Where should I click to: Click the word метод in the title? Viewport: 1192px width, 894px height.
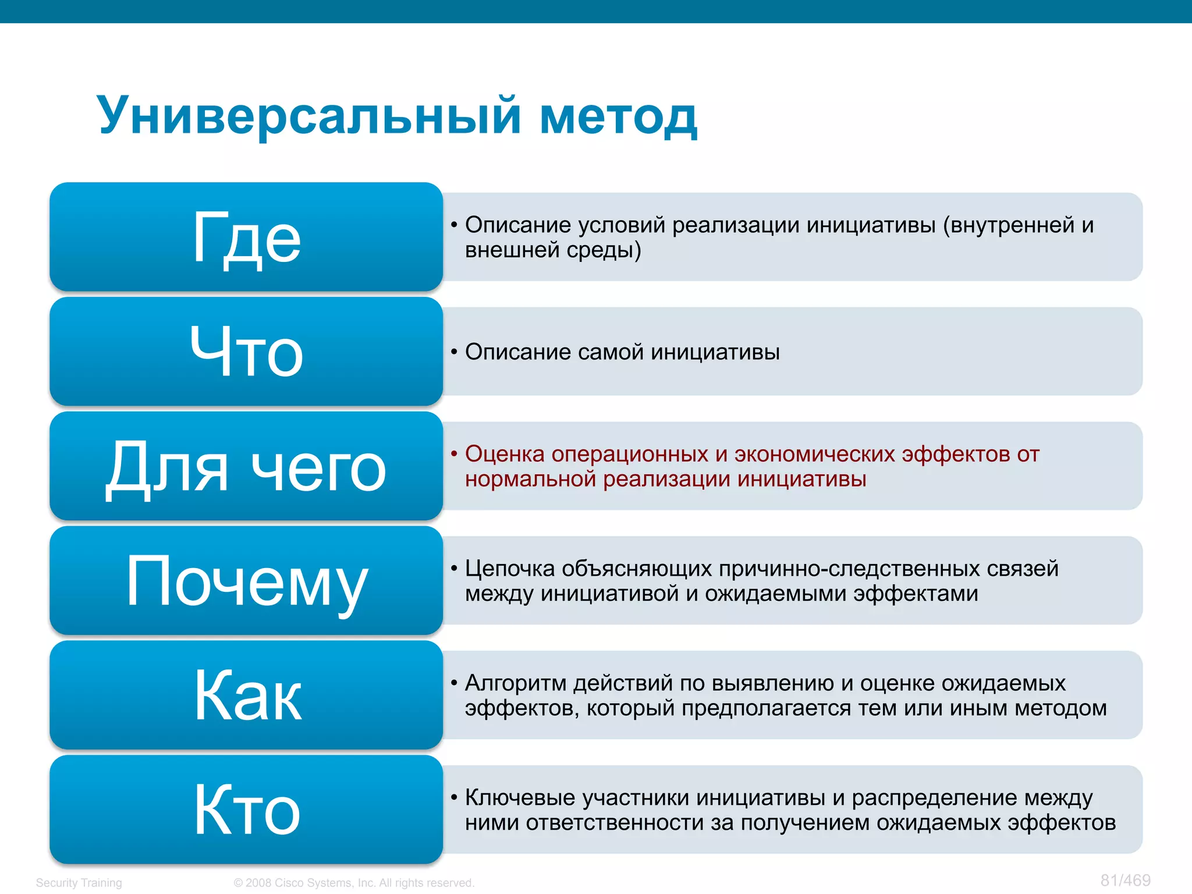tap(618, 116)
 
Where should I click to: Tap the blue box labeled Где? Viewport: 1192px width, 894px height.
tap(246, 237)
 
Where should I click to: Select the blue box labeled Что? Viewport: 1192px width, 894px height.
tap(246, 352)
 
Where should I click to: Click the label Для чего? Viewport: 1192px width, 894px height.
tap(246, 466)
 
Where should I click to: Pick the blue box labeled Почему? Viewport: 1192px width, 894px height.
tap(246, 581)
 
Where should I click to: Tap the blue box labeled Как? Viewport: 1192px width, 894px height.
tap(246, 695)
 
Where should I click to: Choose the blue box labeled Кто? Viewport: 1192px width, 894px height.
tap(246, 810)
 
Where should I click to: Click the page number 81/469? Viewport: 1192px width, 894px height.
tap(1125, 880)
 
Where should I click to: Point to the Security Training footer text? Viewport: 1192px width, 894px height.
tap(79, 882)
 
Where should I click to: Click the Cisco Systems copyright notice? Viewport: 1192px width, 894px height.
tap(354, 882)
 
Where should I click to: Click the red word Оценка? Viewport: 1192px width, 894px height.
tap(504, 454)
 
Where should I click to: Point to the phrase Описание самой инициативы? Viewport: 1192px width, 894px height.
tap(622, 352)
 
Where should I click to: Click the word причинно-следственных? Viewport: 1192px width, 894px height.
tap(849, 569)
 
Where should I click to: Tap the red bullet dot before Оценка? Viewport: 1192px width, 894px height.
tap(454, 454)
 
